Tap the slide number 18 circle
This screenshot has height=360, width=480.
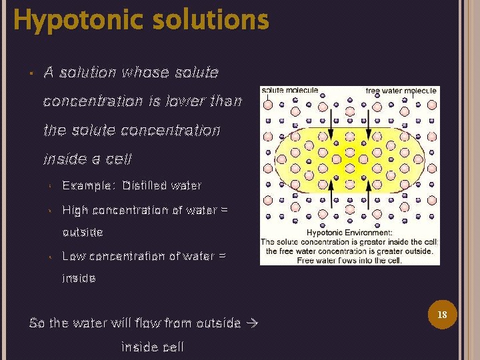point(441,313)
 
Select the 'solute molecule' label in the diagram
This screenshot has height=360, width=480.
point(289,91)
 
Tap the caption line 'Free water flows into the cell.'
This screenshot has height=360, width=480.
point(349,260)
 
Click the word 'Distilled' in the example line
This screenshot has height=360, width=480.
point(145,185)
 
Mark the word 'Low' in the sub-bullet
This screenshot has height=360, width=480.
point(73,255)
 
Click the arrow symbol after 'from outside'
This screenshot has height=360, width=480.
point(251,323)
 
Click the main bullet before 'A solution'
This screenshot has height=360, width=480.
point(32,73)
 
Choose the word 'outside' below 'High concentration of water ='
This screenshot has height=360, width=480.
point(83,233)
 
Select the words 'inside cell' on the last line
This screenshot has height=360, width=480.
point(153,347)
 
